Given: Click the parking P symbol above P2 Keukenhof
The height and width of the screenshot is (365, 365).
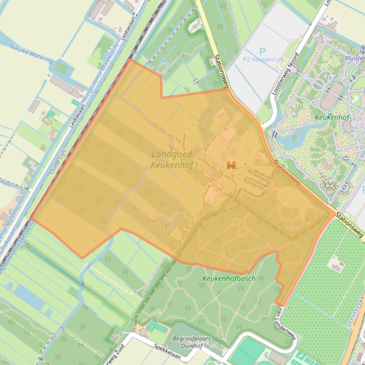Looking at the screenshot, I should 262,51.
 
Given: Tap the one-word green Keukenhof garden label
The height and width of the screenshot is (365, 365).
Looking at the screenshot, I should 330,116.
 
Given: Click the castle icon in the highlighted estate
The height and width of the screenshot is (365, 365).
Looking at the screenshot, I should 232,165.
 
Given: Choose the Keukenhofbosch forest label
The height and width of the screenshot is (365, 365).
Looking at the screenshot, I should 229,278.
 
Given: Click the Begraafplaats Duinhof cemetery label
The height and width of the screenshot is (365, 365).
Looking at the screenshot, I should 192,342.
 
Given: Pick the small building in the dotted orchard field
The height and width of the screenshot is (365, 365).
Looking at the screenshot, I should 337,264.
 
